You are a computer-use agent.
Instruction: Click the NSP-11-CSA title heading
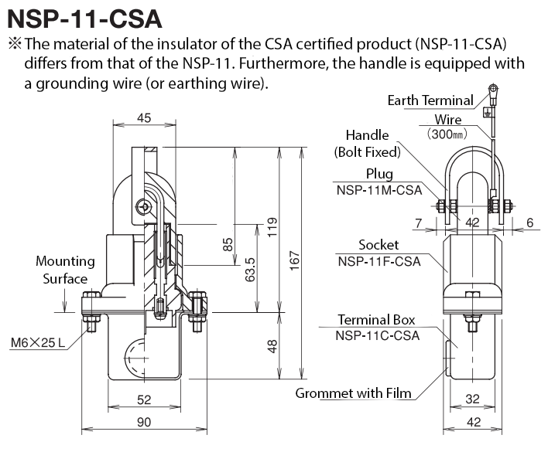point(84,19)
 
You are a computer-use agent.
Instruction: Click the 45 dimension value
point(144,118)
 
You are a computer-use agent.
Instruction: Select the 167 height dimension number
point(295,260)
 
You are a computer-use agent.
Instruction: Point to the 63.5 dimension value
point(250,270)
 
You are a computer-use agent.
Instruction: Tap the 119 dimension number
point(272,227)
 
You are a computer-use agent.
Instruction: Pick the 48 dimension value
point(272,346)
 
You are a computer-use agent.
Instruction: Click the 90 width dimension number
point(144,422)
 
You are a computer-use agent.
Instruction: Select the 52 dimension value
point(144,399)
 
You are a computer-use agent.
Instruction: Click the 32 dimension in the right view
point(472,399)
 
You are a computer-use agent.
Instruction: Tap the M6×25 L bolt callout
point(38,342)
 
